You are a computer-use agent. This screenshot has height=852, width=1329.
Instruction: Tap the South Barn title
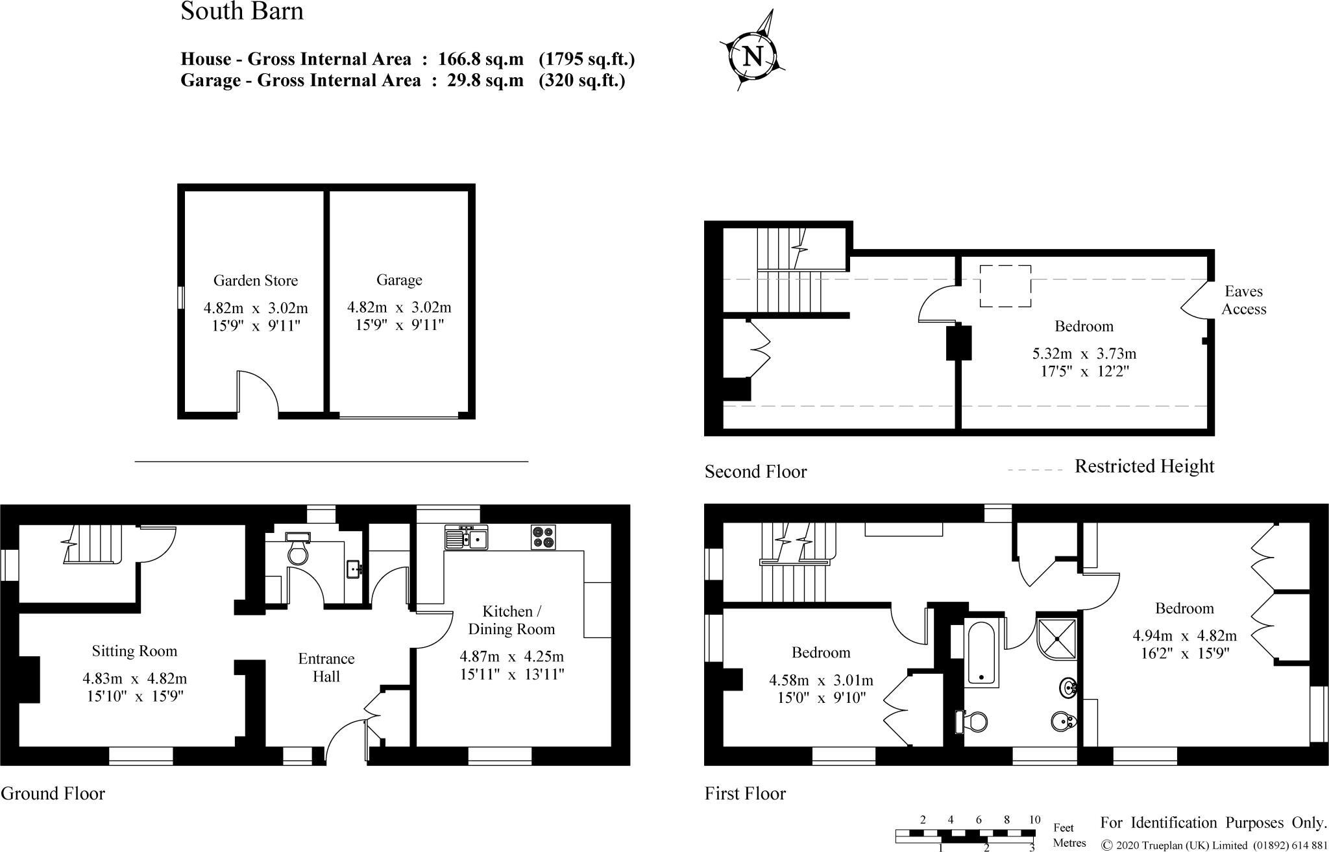(242, 11)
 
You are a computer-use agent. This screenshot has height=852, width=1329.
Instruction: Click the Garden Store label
(256, 281)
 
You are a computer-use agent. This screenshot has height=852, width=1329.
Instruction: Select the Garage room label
(399, 280)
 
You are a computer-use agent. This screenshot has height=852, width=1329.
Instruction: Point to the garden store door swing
(257, 392)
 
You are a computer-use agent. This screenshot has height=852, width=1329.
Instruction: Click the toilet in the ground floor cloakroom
(298, 553)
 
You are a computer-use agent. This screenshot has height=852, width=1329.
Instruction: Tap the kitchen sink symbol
(467, 538)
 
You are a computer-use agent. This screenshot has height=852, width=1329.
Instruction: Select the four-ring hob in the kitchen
(543, 537)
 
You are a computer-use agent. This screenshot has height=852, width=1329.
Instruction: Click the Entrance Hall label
(326, 667)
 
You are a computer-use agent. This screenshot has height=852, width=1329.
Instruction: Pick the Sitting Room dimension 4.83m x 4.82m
(134, 679)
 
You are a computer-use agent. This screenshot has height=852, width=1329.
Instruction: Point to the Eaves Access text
(1243, 300)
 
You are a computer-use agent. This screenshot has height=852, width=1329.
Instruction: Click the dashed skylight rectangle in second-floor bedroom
(1005, 286)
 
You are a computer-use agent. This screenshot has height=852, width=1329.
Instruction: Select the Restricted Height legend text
(1144, 466)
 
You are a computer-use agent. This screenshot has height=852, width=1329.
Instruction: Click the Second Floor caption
(755, 471)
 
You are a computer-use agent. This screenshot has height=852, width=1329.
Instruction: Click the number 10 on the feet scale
(1034, 820)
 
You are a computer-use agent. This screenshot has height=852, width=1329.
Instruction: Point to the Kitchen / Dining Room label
(511, 620)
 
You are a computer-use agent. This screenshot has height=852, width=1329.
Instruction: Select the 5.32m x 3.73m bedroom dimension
(1084, 354)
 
